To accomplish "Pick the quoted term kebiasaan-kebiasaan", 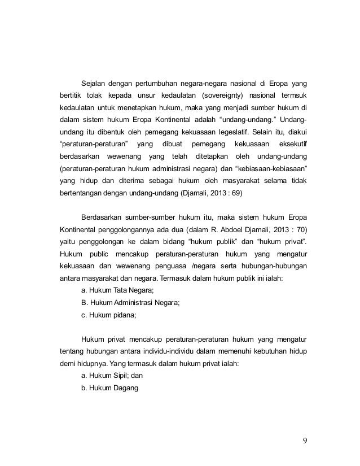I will [x=271, y=168].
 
